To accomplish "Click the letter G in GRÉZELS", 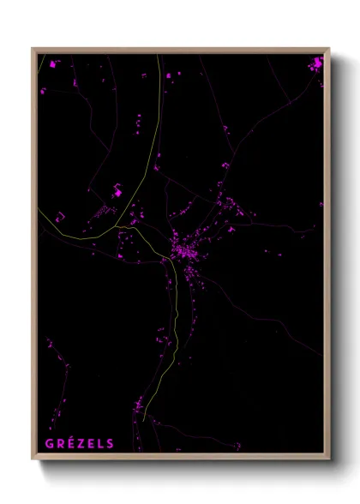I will pyautogui.click(x=48, y=444).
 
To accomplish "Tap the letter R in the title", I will pyautogui.click(x=59, y=444).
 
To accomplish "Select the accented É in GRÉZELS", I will pyautogui.click(x=69, y=443).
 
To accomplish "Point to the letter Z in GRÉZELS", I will pyautogui.click(x=80, y=444).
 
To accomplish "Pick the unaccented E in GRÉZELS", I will pyautogui.click(x=90, y=444).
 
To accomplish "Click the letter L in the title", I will pyautogui.click(x=99, y=444).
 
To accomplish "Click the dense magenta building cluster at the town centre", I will pyautogui.click(x=184, y=250).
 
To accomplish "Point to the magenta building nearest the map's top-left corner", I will pyautogui.click(x=53, y=64).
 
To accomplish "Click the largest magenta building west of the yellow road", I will pyautogui.click(x=117, y=194).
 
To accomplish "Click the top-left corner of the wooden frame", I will pyautogui.click(x=33, y=49).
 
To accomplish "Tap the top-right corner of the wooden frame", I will pyautogui.click(x=329, y=49).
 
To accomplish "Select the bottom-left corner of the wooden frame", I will pyautogui.click(x=33, y=460).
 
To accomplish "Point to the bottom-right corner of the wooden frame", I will pyautogui.click(x=329, y=460).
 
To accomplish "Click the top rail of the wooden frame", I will pyautogui.click(x=181, y=51).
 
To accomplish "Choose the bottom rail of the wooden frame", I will pyautogui.click(x=181, y=459).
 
